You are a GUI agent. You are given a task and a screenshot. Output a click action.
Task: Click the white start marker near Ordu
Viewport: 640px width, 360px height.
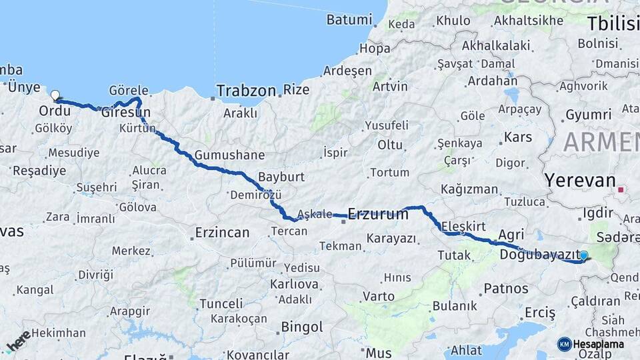pos(55,95)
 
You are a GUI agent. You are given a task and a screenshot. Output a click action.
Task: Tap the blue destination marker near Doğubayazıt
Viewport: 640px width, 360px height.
pos(584,255)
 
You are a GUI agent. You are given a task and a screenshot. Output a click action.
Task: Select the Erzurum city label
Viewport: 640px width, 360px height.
pos(378,214)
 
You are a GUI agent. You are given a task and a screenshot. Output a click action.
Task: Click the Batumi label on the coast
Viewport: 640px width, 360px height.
pos(349,20)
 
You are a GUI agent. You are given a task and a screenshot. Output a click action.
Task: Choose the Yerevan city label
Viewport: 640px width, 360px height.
pos(579,180)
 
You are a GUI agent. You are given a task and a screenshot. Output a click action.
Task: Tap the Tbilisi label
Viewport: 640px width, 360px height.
pos(613,24)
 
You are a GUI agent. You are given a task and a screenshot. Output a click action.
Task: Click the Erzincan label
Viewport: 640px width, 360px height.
pos(222,233)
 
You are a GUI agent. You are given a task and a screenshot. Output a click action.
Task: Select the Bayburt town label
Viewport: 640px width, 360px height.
pos(281,177)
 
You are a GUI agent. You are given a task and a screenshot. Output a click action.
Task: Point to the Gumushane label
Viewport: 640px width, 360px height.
pos(229,155)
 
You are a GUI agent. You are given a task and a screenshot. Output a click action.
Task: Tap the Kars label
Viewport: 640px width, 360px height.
pos(518,137)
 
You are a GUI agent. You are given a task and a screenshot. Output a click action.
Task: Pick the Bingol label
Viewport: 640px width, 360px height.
pos(302,327)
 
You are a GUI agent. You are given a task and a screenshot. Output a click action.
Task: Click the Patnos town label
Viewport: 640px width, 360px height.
pos(506,289)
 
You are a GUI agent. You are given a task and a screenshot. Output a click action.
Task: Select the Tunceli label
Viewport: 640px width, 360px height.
pos(221,303)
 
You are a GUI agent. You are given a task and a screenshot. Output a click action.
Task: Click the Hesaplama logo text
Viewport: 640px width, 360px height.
pos(598,344)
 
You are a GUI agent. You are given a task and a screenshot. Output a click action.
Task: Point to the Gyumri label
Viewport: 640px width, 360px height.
pos(588,115)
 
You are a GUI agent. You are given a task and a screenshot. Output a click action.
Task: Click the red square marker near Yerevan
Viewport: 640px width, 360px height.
pos(621,190)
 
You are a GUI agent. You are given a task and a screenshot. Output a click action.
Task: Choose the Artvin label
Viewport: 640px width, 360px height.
pos(390,87)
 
